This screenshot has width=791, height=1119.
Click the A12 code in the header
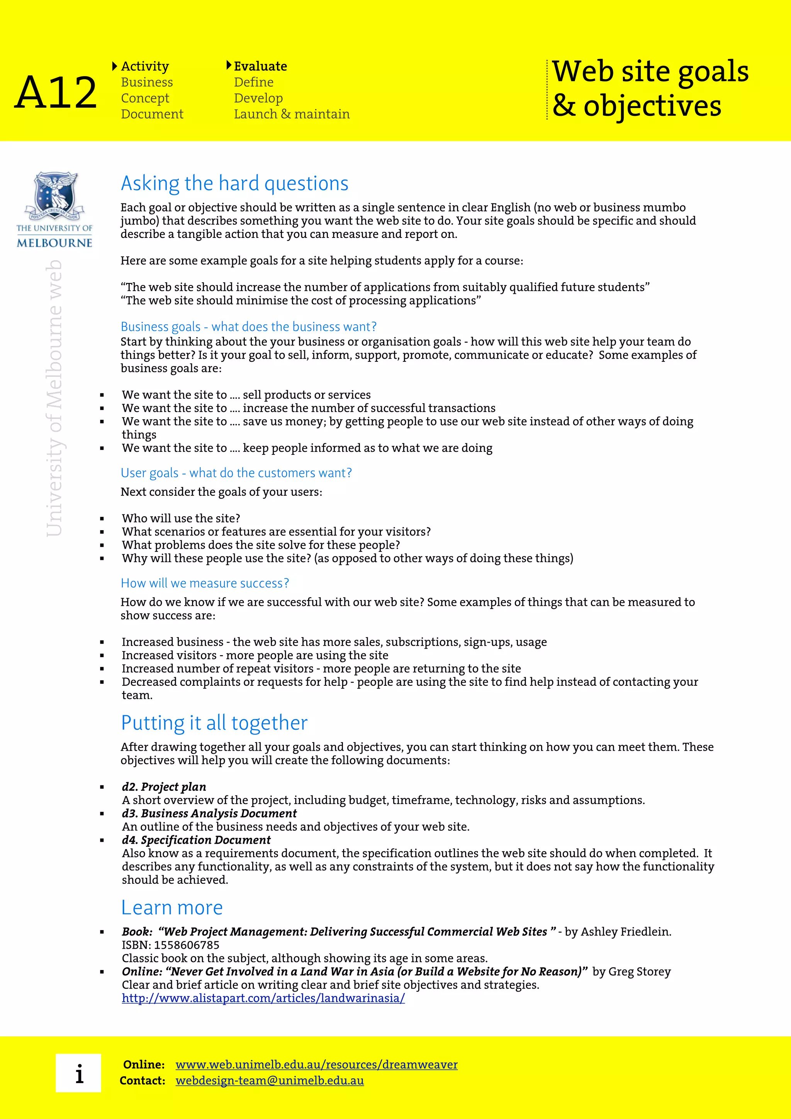coord(56,92)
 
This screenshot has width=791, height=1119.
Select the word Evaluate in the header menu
coord(260,66)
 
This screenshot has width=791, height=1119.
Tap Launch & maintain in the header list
coord(292,114)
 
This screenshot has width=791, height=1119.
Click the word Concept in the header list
coord(145,98)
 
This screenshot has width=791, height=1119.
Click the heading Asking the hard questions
coord(234,183)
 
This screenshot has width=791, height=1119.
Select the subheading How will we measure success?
coord(205,583)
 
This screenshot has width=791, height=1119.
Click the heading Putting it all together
coord(214,723)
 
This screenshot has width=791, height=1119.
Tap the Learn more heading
coord(171,907)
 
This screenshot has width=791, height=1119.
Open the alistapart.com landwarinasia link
coord(263,998)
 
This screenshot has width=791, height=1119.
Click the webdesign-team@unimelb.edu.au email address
coord(270,1080)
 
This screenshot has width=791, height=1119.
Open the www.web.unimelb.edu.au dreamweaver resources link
coord(316,1065)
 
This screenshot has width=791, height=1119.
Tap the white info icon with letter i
coord(78,1073)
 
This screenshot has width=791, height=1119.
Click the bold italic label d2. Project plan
coord(164,787)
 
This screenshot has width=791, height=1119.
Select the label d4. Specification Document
coord(196,840)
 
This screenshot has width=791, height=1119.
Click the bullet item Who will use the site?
coord(181,518)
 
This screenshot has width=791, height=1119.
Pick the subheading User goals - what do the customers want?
coord(236,473)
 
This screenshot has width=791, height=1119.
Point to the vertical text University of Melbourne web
coord(54,398)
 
